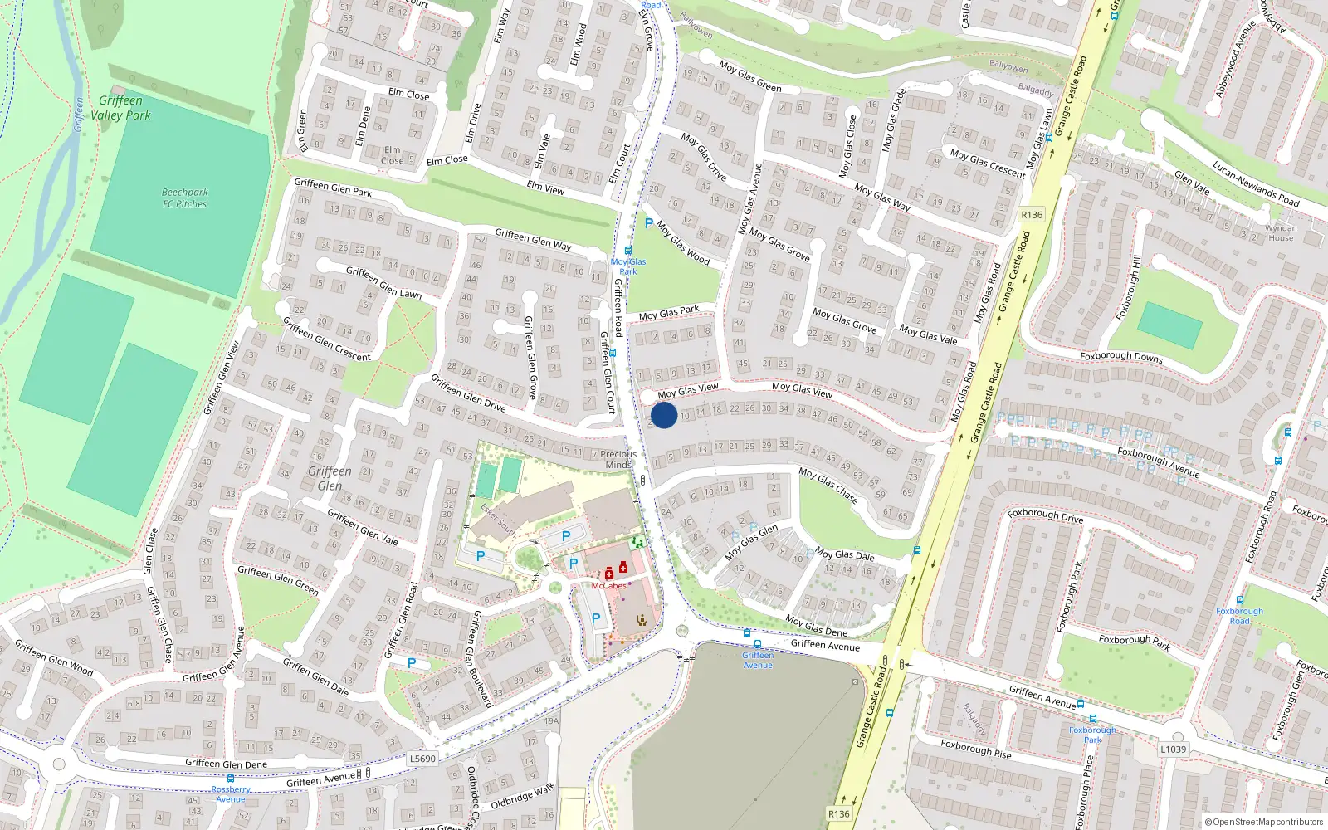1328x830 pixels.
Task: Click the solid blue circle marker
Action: point(664,415)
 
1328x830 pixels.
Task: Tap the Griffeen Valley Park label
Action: point(120,108)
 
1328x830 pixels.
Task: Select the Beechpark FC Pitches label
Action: point(184,198)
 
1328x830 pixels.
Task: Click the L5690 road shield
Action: point(422,759)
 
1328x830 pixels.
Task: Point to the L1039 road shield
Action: point(1173,749)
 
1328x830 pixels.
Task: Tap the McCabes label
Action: point(608,586)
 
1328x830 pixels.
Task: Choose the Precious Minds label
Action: point(618,459)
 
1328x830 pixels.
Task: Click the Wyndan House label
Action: point(1281,232)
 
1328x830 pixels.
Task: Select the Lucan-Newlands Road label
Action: point(1255,183)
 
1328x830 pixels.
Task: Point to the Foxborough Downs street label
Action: point(1120,356)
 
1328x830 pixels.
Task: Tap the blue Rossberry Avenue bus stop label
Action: point(231,794)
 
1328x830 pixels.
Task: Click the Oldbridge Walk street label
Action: point(522,798)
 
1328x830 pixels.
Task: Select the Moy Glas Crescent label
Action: point(988,162)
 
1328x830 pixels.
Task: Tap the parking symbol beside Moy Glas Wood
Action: point(649,223)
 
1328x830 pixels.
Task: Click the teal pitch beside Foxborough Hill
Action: point(1169,325)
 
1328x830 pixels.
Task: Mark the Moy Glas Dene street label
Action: point(816,626)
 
